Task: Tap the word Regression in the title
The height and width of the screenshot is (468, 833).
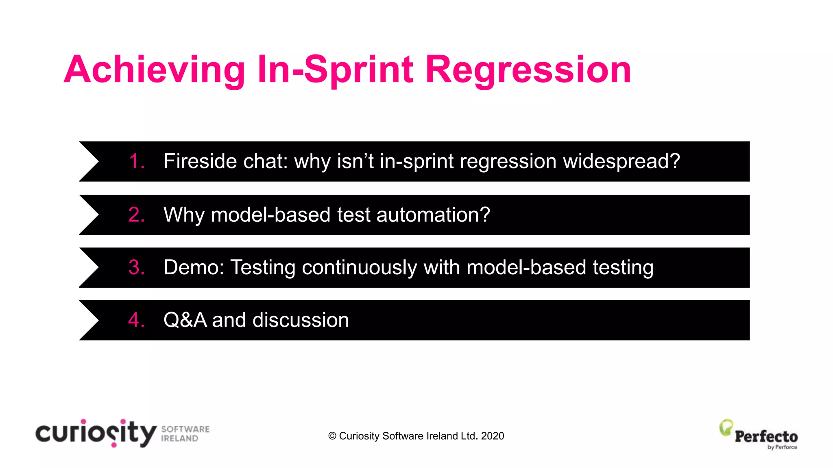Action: coord(528,70)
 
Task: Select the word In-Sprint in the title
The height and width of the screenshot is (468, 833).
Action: coord(336,70)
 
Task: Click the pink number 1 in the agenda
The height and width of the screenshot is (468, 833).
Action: coord(136,161)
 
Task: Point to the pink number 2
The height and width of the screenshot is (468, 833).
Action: coord(136,215)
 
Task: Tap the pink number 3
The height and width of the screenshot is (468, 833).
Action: coord(136,268)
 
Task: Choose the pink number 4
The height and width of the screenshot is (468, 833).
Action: coord(136,320)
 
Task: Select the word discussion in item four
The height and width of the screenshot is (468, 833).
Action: coord(301,320)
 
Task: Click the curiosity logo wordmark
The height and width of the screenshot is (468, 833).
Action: coord(96,433)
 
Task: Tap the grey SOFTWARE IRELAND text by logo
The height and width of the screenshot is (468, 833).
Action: coord(185,434)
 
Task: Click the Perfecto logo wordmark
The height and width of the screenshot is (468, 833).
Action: coord(766,437)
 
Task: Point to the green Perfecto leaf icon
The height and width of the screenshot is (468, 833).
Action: coord(726,428)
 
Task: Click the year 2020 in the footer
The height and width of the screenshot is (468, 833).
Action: coord(492,436)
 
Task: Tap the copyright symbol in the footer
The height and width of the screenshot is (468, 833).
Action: coord(332,436)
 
